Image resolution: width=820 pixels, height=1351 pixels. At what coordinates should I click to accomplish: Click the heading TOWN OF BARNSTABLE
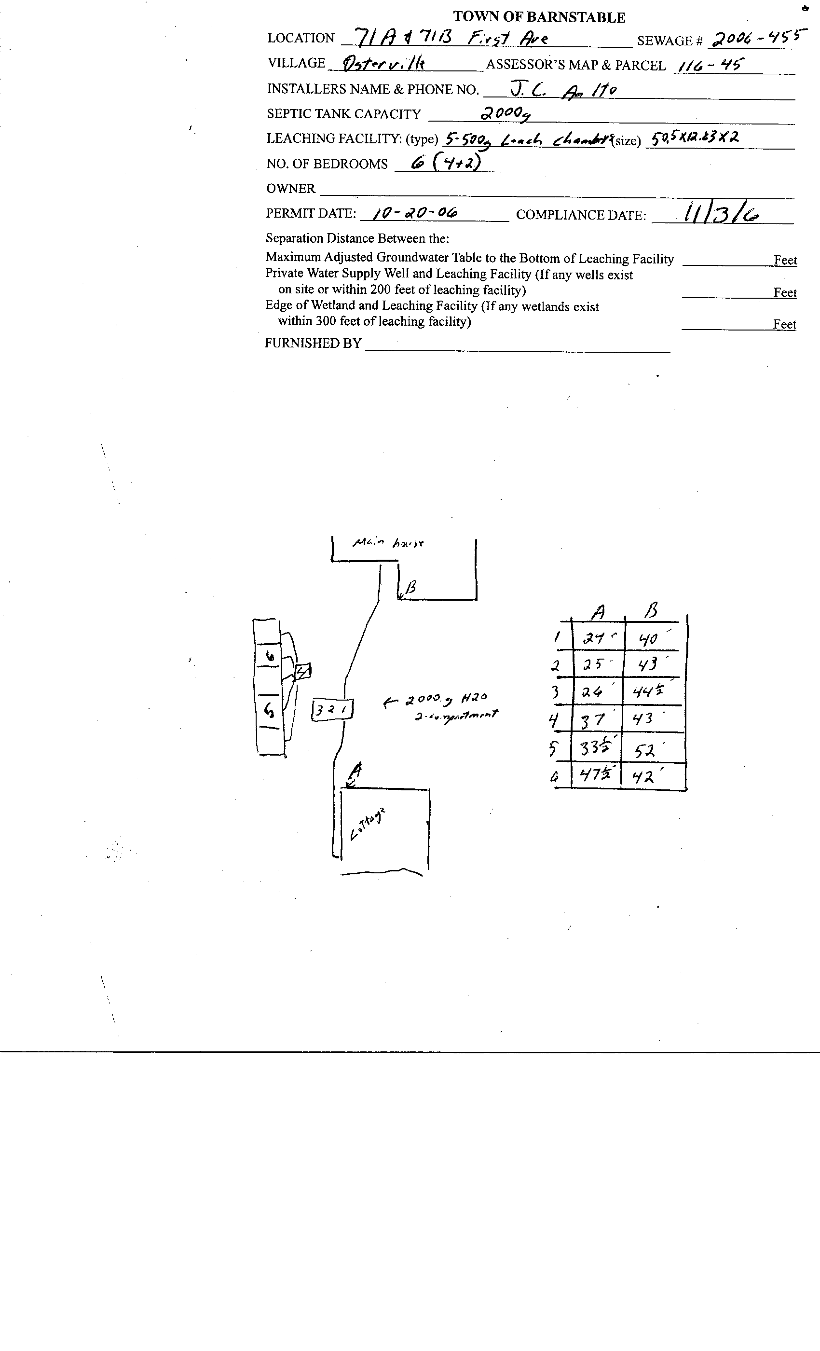[x=539, y=17]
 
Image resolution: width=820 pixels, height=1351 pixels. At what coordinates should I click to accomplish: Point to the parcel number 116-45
[x=711, y=66]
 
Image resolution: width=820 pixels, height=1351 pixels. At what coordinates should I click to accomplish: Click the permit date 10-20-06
[x=415, y=213]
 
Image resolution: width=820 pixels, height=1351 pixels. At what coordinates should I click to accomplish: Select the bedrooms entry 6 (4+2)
[x=442, y=162]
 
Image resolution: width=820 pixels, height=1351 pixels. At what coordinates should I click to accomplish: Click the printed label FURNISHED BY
[x=313, y=343]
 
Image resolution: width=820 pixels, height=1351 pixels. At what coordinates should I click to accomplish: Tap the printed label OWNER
[x=290, y=189]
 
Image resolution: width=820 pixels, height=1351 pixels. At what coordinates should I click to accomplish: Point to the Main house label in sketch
[x=387, y=543]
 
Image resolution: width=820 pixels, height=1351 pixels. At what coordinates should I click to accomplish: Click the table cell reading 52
[x=646, y=750]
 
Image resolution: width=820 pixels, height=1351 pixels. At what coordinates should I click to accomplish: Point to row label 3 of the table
[x=555, y=692]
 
